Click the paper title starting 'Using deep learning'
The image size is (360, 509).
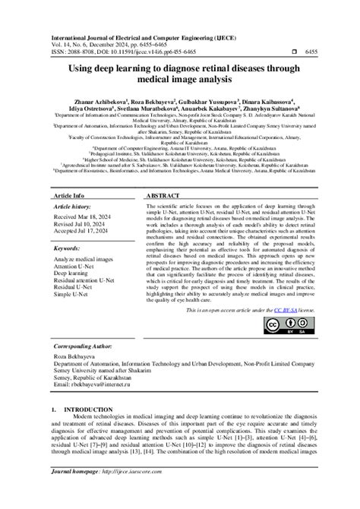tap(179, 73)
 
